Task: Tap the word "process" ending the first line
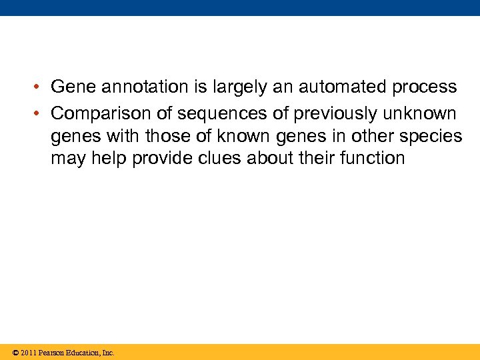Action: pos(424,87)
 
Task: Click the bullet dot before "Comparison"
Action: pos(41,112)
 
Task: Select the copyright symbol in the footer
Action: pos(15,353)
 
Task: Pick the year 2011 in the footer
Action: pos(29,353)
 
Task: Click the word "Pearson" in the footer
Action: pos(53,353)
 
